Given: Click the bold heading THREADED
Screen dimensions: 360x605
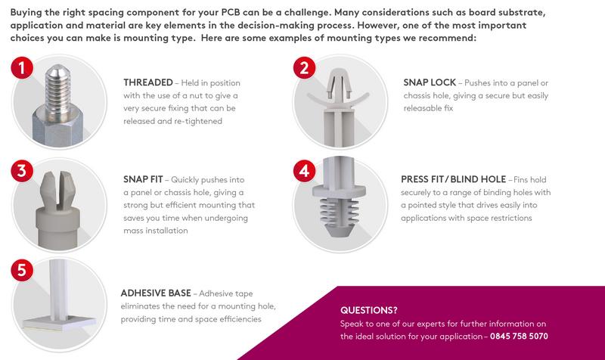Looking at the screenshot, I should (x=149, y=82).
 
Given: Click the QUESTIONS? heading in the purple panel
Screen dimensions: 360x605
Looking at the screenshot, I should (x=370, y=309).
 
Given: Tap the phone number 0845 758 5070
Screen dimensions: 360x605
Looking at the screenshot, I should (x=520, y=336).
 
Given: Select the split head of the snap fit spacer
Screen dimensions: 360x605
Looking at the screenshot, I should (x=59, y=185).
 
